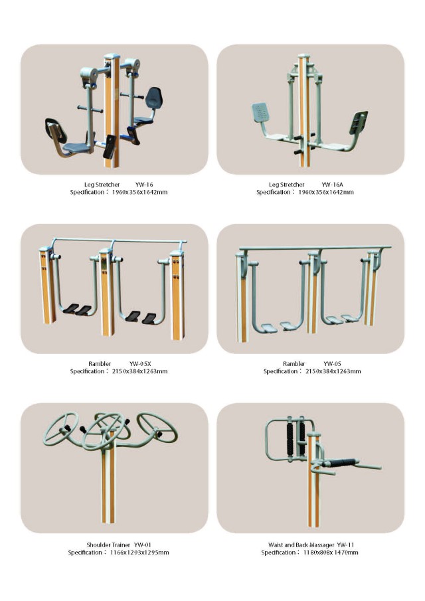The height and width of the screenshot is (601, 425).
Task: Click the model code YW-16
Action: coord(143,185)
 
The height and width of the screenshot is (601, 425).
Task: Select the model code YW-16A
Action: coord(332,185)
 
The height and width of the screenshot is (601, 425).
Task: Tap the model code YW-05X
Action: coord(140,364)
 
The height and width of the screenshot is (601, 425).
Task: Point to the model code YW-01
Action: coord(143,545)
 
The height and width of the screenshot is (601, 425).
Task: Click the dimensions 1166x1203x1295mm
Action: coord(139,553)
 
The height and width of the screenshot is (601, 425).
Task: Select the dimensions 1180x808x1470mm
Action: coord(331,553)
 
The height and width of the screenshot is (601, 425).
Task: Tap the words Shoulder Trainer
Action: coord(108,545)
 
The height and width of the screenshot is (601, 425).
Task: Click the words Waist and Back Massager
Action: coord(301,545)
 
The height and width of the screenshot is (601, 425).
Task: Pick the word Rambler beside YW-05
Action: coord(294,364)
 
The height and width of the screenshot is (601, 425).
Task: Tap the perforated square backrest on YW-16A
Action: coord(261,113)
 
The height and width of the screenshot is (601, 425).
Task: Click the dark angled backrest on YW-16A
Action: coord(359,122)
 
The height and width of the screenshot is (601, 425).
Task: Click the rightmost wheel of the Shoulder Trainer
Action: coord(157,427)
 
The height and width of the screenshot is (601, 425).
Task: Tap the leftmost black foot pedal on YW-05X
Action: coord(71,308)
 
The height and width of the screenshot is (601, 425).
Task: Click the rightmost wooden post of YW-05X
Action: coord(177,295)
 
